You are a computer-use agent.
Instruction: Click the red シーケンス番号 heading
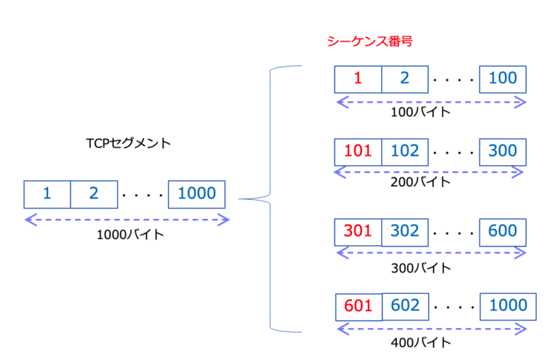click(369, 42)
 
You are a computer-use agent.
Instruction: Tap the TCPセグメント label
click(128, 143)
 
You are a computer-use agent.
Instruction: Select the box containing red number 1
click(358, 79)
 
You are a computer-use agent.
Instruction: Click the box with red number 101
click(358, 151)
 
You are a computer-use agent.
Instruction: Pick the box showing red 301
click(358, 231)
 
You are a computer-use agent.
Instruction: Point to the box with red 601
click(358, 306)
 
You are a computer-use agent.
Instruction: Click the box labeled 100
click(503, 79)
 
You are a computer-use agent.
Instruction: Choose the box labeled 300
click(503, 151)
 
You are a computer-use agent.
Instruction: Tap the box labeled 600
click(503, 231)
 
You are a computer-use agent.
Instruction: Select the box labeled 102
click(404, 151)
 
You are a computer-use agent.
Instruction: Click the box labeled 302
click(404, 231)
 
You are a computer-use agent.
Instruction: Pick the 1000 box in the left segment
click(196, 193)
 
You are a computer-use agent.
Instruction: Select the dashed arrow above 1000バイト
click(127, 220)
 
